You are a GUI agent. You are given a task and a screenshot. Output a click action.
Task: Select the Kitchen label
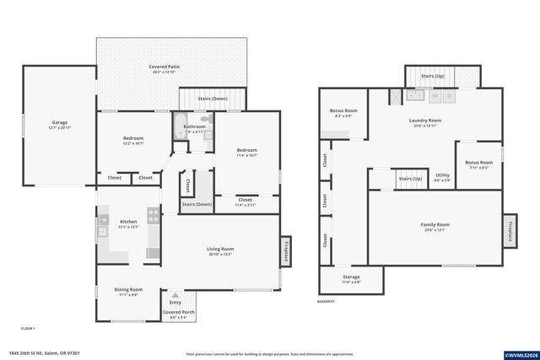tap(127, 222)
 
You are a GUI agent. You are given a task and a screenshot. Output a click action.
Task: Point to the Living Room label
tap(220, 249)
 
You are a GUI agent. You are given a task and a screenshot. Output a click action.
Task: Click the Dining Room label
tap(128, 290)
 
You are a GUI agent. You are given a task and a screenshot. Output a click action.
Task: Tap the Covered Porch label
tap(178, 313)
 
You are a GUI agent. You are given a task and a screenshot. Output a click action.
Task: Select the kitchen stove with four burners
tap(154, 216)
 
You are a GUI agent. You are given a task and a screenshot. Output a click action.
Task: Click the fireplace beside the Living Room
tap(287, 250)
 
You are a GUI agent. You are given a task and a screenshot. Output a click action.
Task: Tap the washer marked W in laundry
tap(435, 96)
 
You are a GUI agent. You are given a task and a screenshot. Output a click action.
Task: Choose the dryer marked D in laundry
tap(450, 96)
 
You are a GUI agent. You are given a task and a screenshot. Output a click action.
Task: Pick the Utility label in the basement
tap(442, 175)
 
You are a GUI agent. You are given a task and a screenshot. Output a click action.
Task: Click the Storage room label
tap(351, 277)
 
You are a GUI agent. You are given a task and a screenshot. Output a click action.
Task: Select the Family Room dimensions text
tap(435, 230)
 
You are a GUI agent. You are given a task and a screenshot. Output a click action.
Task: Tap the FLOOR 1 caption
tap(28, 328)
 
